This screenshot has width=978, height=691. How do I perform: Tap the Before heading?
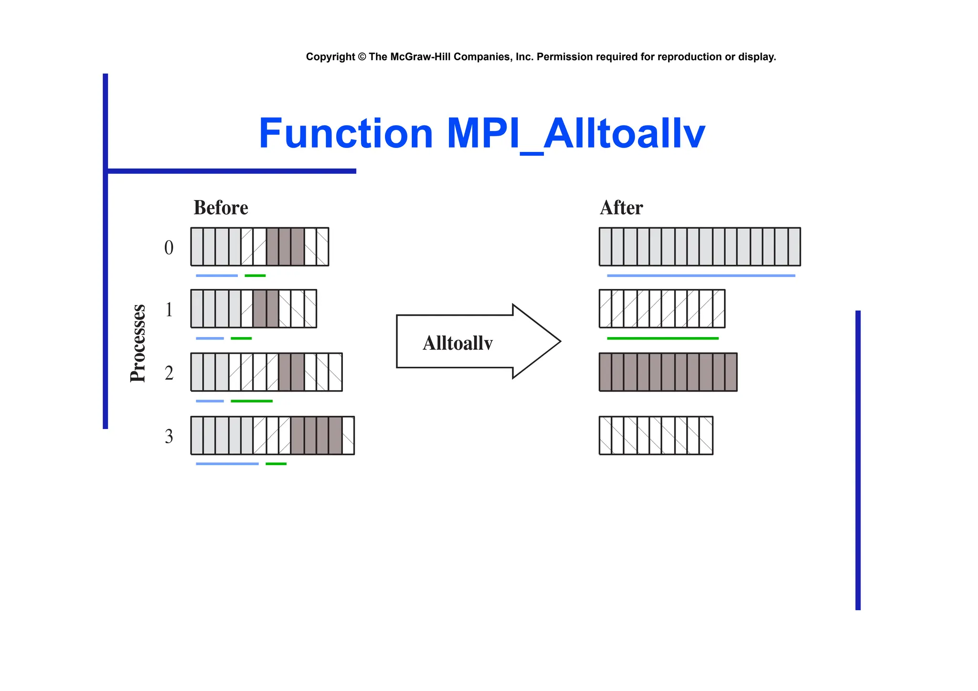(x=221, y=208)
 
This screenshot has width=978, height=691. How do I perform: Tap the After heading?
(x=621, y=208)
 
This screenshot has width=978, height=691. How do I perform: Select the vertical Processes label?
(x=138, y=343)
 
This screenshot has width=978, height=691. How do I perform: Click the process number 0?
(x=169, y=248)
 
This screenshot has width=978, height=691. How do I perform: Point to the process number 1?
(x=169, y=310)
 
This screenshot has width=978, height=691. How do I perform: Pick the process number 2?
(x=169, y=373)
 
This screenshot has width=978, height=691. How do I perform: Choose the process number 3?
(x=169, y=436)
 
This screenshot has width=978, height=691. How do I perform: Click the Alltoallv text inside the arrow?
(x=457, y=343)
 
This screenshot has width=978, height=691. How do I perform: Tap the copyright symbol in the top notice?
(x=361, y=57)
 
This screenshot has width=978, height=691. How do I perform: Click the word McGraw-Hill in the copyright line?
(x=420, y=57)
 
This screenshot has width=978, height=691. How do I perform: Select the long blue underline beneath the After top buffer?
(x=701, y=276)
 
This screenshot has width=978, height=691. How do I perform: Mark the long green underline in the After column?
(x=662, y=338)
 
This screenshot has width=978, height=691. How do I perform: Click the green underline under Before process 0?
(x=255, y=276)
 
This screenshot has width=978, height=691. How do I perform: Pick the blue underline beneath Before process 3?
(x=227, y=464)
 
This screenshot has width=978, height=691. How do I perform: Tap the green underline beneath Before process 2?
(x=251, y=401)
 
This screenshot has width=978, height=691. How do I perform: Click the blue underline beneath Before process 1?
(x=210, y=338)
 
